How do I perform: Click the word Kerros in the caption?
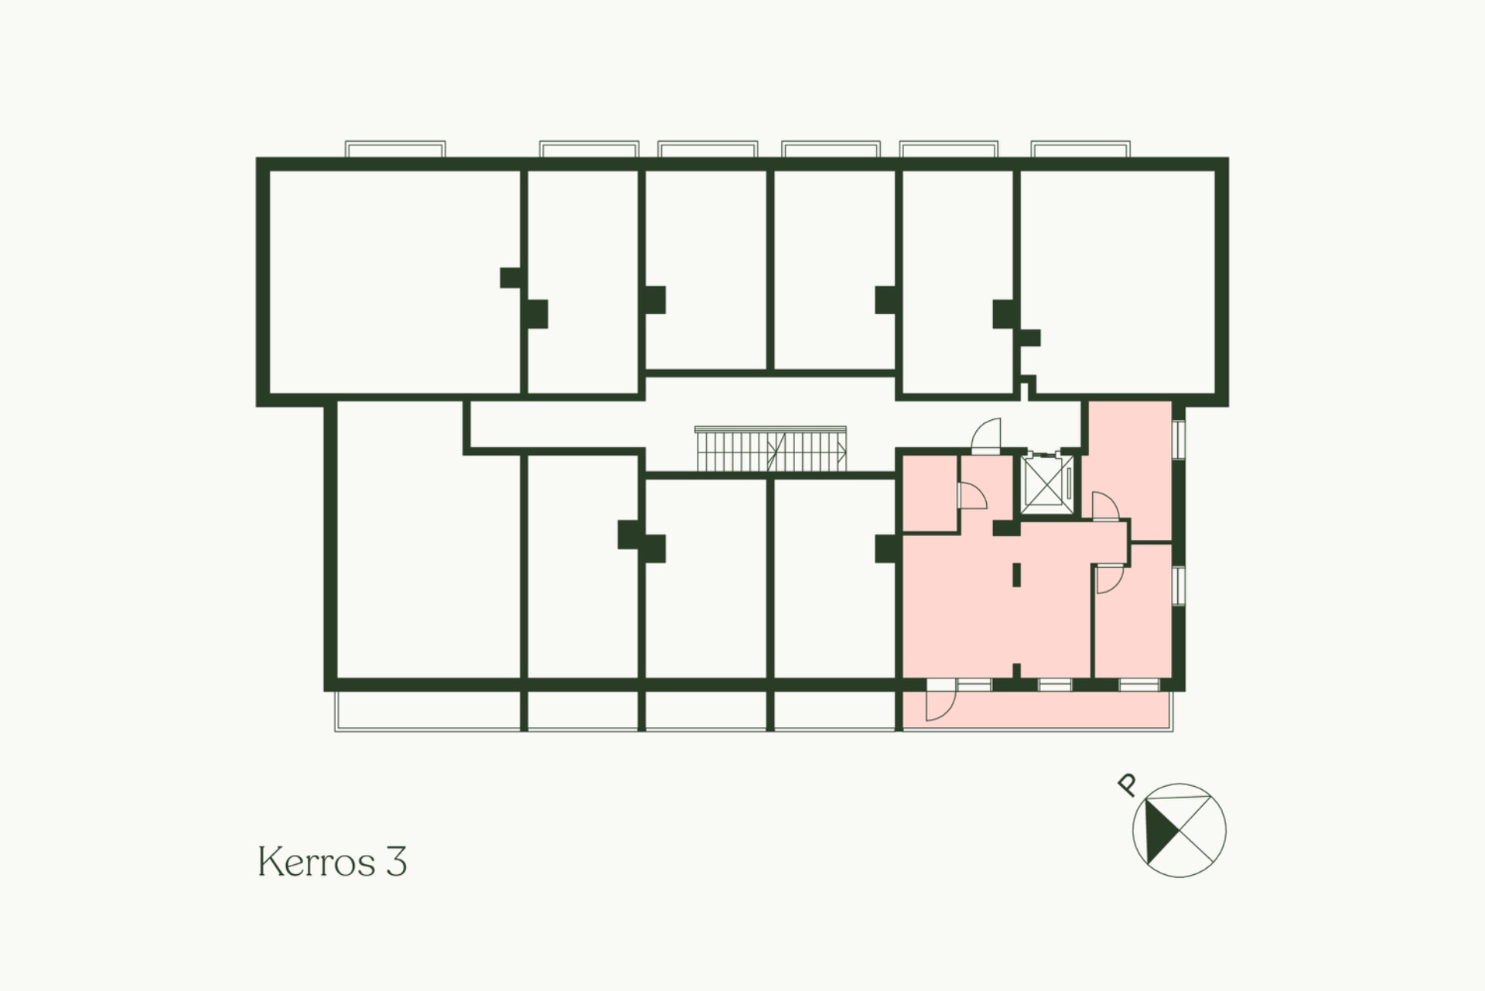tap(316, 861)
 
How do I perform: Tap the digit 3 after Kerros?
tap(396, 862)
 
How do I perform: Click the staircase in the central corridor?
tap(770, 449)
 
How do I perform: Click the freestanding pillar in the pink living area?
tap(1016, 574)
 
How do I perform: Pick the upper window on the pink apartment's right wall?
tap(1179, 439)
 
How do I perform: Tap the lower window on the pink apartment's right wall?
tap(1179, 585)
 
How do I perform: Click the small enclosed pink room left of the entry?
tap(930, 494)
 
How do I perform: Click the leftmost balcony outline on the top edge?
tap(395, 149)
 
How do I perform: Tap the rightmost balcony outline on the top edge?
tap(1080, 149)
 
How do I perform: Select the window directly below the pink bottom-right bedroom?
tap(1138, 685)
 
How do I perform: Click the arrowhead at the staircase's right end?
tap(842, 449)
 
